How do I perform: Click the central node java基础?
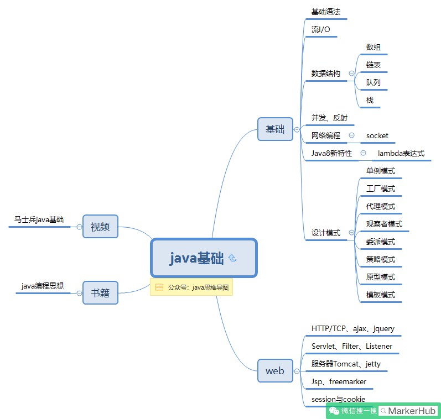204,258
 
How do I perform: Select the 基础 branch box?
275,129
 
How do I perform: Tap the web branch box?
275,370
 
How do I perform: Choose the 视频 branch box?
100,226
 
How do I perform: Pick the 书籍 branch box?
100,292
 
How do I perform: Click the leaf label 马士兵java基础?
39,220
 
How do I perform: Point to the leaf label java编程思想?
43,286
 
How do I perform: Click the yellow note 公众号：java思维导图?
191,287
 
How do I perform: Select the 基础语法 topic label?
326,12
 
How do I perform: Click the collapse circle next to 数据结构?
351,73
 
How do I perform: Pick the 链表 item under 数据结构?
373,65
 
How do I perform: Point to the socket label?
377,135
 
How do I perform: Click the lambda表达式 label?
401,153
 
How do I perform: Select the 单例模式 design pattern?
381,171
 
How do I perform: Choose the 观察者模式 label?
384,224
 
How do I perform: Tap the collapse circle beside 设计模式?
351,233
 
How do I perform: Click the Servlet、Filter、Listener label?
352,346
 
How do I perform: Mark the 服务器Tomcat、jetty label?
346,364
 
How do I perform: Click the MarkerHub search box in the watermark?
408,411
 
